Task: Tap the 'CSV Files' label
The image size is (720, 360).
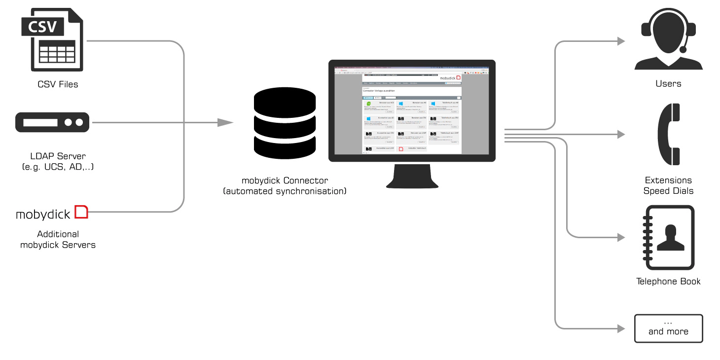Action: (58, 84)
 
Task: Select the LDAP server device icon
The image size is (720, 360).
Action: (52, 122)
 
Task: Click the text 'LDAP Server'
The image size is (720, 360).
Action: (58, 156)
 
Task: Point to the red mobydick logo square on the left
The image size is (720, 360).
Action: (81, 212)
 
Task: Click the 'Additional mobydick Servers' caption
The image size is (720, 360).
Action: (58, 239)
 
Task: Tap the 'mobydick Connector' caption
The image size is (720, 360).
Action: (285, 180)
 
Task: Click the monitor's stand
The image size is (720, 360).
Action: (412, 178)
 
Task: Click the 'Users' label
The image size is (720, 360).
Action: (668, 84)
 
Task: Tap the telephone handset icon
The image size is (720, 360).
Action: (668, 134)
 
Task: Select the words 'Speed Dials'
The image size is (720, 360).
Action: (668, 191)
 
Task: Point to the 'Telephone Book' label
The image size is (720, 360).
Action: (668, 282)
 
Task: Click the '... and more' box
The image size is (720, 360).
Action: (668, 328)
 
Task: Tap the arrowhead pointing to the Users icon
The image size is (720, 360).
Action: (620, 41)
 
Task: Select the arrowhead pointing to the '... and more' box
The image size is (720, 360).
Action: (620, 328)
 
